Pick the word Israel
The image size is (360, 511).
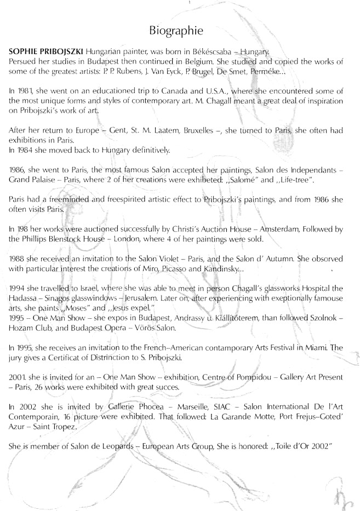click(x=81, y=289)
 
